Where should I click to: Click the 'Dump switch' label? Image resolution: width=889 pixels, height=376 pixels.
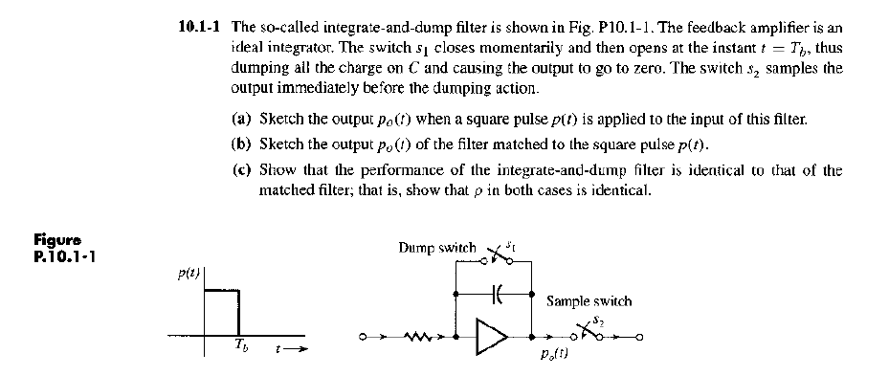(x=436, y=248)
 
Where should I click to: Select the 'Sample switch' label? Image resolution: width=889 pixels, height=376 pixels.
(x=589, y=300)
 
